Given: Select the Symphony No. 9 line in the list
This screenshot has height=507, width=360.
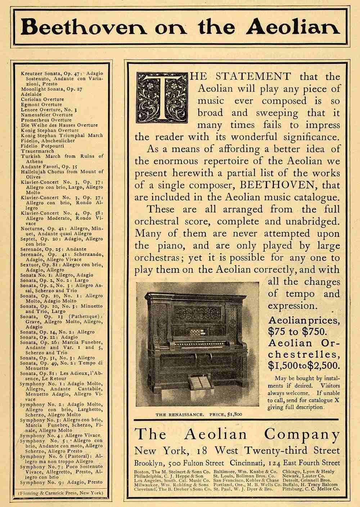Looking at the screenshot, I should tap(61, 482).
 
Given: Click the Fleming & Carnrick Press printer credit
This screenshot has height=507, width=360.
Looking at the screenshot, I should tap(61, 493).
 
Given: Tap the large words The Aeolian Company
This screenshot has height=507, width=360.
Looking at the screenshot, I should tap(237, 435).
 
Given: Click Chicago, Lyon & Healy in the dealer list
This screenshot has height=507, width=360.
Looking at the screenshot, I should tap(309, 471).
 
